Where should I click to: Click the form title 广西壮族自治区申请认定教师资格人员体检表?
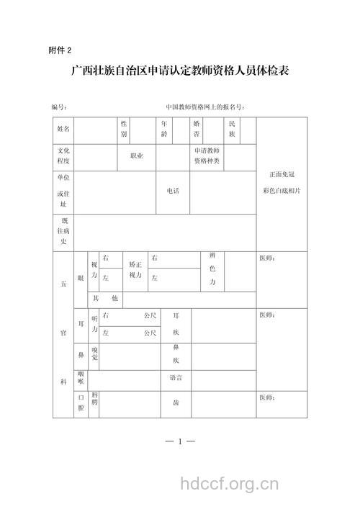pyautogui.click(x=179, y=72)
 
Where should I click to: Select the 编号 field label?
pyautogui.click(x=60, y=107)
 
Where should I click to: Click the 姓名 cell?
pyautogui.click(x=63, y=129)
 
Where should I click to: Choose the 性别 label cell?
pyautogui.click(x=124, y=130)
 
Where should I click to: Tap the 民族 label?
pyautogui.click(x=232, y=130)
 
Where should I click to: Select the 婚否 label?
pyautogui.click(x=197, y=130)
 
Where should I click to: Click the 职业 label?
pyautogui.click(x=137, y=156)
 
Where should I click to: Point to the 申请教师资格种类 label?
pyautogui.click(x=207, y=157)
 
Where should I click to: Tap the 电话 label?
pyautogui.click(x=173, y=191)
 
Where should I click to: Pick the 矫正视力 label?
pyautogui.click(x=135, y=270)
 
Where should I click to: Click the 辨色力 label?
pyautogui.click(x=212, y=269)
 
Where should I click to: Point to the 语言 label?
pyautogui.click(x=176, y=378)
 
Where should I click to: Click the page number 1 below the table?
pyautogui.click(x=179, y=440)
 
